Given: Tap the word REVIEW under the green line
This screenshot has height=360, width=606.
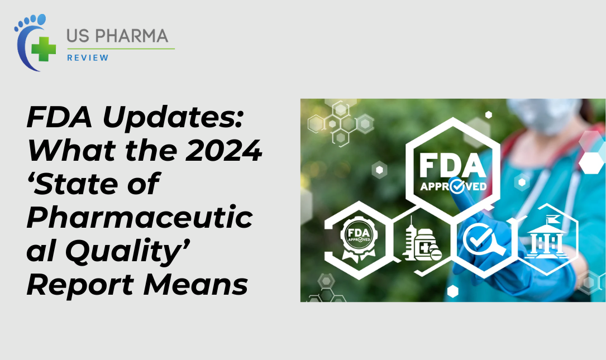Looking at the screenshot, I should (x=88, y=57).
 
